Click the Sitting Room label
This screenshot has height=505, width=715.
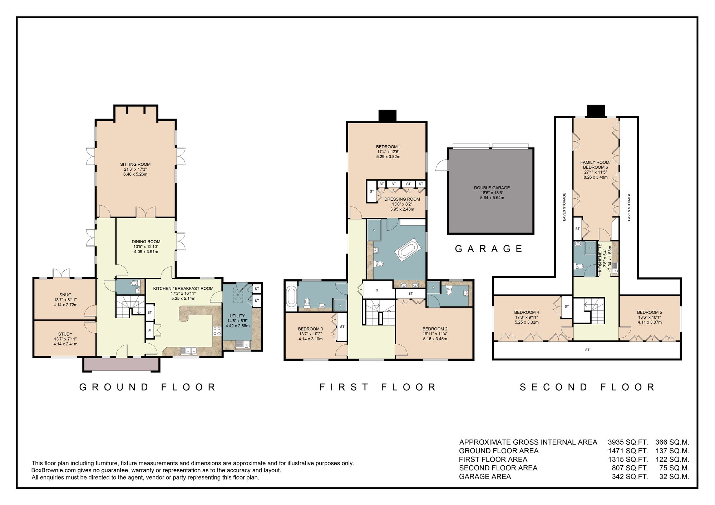coord(135,165)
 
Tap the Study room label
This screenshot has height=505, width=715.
coord(65,334)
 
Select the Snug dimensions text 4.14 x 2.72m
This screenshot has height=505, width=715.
coord(65,305)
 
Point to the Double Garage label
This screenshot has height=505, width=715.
coord(492,188)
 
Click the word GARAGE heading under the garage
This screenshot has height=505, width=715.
coord(488,249)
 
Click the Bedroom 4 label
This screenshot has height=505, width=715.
coord(527,312)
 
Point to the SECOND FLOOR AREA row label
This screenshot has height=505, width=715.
coord(498,468)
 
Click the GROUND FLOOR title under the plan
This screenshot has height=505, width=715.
coord(148,387)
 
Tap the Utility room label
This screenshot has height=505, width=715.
coord(237,316)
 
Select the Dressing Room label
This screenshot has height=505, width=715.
coord(402,199)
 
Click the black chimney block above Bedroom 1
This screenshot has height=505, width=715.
coord(388,116)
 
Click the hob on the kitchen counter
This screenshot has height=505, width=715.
coord(217,331)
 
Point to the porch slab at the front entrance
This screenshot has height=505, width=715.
coord(122,365)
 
